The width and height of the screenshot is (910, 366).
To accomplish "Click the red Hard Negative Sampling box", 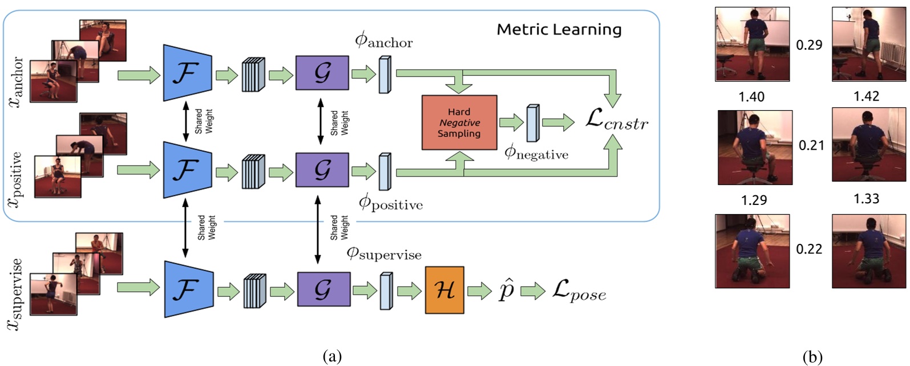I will (x=459, y=123).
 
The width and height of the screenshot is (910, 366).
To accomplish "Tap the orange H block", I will (x=444, y=290).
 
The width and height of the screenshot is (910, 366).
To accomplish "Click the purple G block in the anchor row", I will (x=322, y=73).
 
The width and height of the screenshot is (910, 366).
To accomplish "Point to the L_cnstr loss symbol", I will (x=617, y=121).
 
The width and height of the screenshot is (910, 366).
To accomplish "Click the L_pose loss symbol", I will (x=579, y=292).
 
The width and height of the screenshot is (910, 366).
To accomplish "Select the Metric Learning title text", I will (x=559, y=30).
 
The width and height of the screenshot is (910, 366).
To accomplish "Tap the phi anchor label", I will (x=383, y=41).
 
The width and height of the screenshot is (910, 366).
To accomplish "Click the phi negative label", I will (x=536, y=153).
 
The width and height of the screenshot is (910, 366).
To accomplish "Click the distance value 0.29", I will (x=809, y=45).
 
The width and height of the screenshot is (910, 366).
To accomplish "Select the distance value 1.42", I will (x=866, y=96).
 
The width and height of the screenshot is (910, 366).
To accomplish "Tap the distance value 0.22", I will (x=809, y=249).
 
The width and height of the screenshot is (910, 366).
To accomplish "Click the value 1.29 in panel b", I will (x=753, y=200).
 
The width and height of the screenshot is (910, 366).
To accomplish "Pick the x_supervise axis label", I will (x=16, y=294).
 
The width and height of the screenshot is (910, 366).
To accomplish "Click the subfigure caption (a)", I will (x=332, y=357).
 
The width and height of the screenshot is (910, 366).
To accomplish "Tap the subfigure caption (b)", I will (x=812, y=357).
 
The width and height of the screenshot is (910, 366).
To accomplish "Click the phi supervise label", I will (x=383, y=254).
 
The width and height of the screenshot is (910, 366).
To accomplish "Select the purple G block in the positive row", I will (x=322, y=170).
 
